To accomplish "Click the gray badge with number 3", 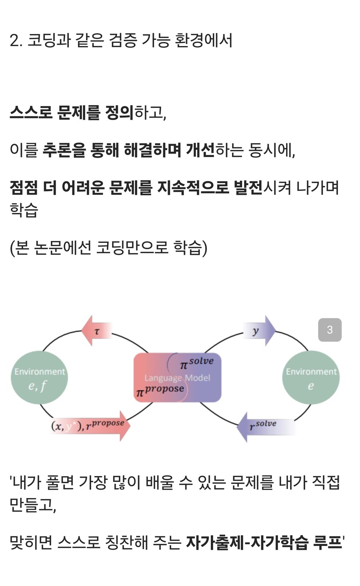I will [x=330, y=330].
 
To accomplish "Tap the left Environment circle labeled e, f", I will [x=39, y=378].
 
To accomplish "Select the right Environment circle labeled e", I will [x=311, y=378].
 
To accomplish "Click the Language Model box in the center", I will [x=177, y=378].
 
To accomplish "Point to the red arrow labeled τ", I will [x=96, y=331].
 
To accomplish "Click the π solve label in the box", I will [x=196, y=363].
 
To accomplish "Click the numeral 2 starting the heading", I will [x=15, y=40].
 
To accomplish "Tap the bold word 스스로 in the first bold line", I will [x=31, y=112].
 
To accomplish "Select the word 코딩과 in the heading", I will [x=48, y=40].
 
